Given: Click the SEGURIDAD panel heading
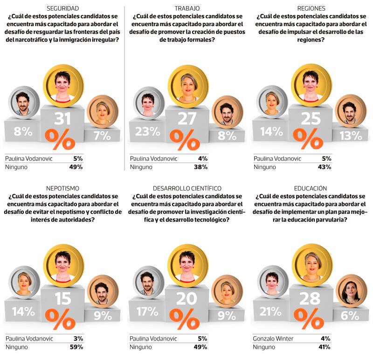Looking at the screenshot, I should point(63,8).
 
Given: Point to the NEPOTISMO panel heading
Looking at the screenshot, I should point(63,188).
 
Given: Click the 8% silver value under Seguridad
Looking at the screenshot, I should point(23,131).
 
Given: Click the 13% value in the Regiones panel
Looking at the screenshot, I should point(350,136).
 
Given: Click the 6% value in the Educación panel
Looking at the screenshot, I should point(350,315).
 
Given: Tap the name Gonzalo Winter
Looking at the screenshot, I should point(274,339).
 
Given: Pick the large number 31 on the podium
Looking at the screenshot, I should point(63,119).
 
